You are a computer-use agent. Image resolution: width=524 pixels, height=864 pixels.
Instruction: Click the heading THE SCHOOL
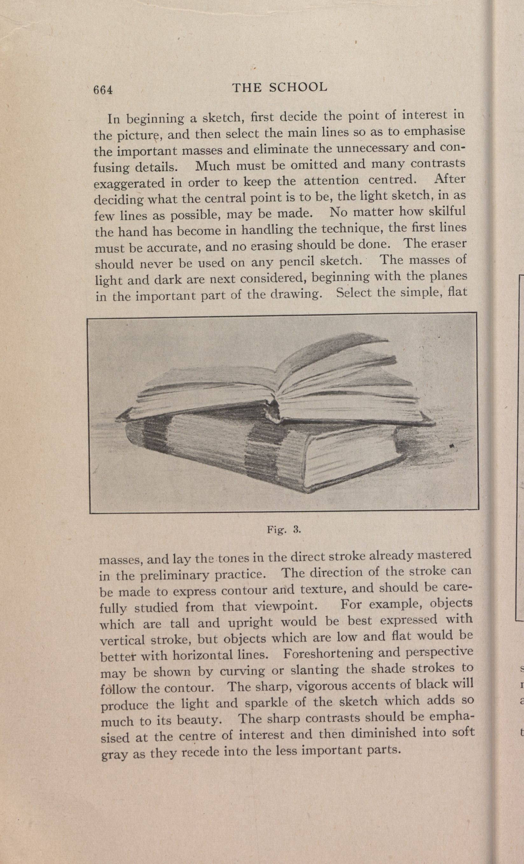click(279, 87)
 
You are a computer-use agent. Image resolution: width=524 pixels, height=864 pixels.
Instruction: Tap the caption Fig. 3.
click(284, 529)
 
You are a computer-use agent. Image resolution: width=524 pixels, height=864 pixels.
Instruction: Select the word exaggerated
click(129, 183)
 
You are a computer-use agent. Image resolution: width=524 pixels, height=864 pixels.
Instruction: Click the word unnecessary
click(372, 149)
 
